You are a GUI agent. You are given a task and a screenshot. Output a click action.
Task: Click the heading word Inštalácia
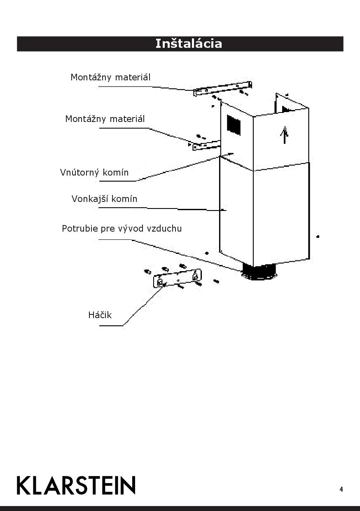point(188,44)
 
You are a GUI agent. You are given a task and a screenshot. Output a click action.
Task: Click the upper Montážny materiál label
point(110,77)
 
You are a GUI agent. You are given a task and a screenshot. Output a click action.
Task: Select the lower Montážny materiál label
point(105,119)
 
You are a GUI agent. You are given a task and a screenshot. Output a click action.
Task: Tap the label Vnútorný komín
point(94,172)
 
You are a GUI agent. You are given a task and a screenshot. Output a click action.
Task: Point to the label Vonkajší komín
point(104,199)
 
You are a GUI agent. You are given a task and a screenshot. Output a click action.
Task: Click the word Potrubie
point(80,228)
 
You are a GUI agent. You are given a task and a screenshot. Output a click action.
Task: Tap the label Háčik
point(100,315)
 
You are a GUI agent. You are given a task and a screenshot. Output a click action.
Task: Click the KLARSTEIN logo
point(76,485)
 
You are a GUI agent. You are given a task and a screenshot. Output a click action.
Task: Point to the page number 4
point(341,490)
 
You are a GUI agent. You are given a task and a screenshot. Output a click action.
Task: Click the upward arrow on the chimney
point(284,135)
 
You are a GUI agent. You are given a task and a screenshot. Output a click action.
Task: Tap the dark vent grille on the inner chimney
point(234,124)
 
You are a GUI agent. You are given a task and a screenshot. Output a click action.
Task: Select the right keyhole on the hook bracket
point(195,276)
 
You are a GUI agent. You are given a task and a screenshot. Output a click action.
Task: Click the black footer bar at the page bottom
point(180,508)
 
